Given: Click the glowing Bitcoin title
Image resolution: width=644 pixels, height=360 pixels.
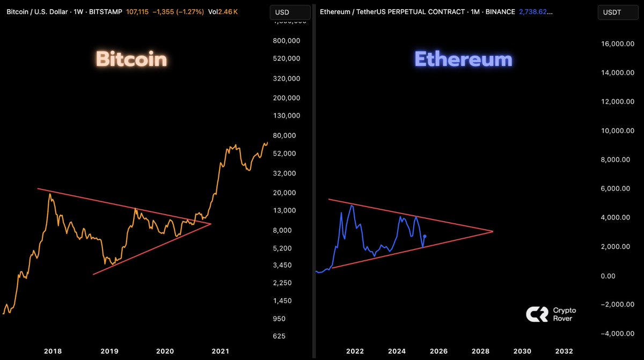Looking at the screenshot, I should pyautogui.click(x=131, y=59).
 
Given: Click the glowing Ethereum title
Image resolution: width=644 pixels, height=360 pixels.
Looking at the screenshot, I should pyautogui.click(x=463, y=59).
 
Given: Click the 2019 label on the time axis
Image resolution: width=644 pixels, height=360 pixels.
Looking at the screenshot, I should pyautogui.click(x=109, y=351).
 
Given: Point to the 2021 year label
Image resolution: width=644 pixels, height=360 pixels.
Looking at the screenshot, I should pyautogui.click(x=221, y=351).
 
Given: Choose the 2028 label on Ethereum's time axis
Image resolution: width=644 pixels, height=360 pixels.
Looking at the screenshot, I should pyautogui.click(x=480, y=351).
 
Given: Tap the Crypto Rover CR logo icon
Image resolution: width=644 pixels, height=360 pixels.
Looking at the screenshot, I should pyautogui.click(x=537, y=314).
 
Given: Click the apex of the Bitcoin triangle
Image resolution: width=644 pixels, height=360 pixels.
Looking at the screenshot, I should pyautogui.click(x=211, y=224).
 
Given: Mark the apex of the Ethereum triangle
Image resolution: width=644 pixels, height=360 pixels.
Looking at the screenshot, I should pyautogui.click(x=493, y=231).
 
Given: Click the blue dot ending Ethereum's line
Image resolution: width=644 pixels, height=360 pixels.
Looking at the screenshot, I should pyautogui.click(x=425, y=236).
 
